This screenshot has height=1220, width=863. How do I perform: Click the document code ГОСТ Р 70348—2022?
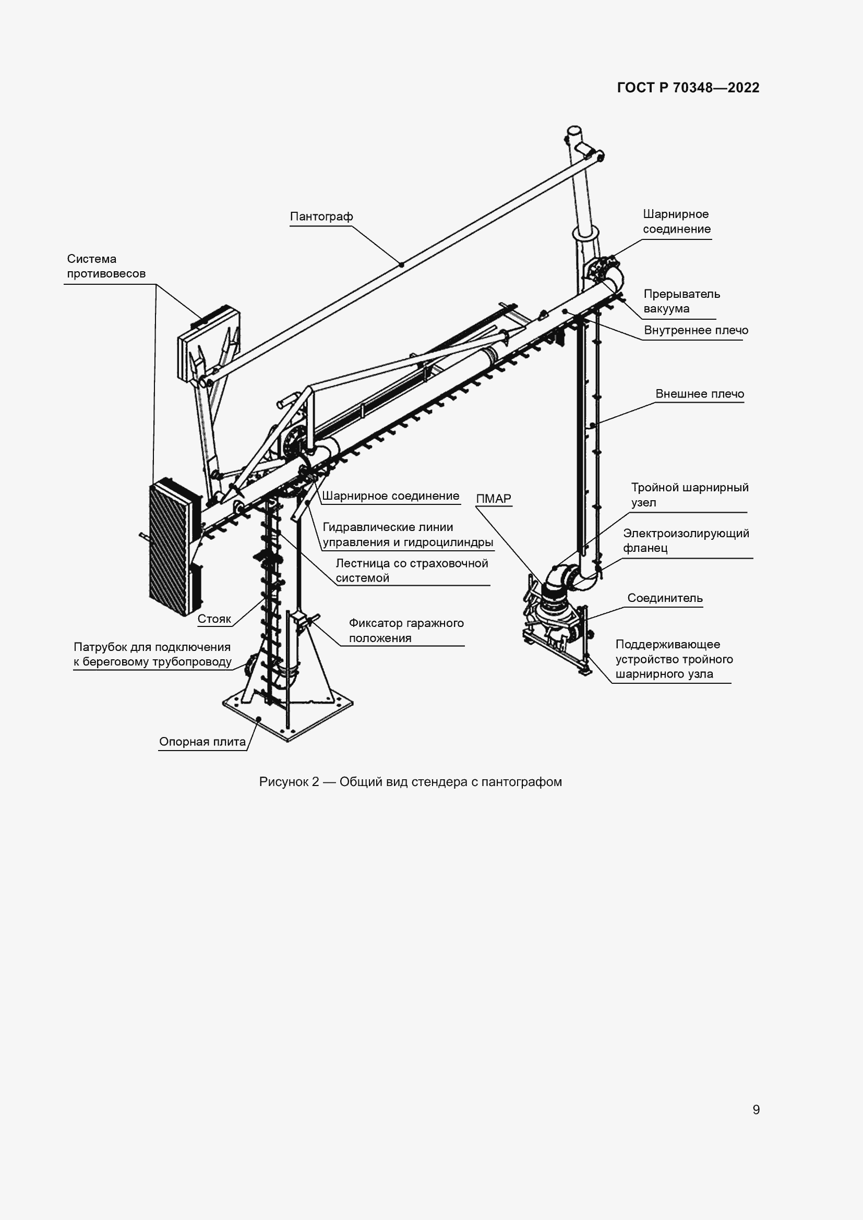(688, 88)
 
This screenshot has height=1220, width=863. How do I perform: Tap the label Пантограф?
(321, 217)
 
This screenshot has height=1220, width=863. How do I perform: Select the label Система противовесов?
(105, 267)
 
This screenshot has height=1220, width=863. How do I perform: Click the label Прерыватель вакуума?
(681, 301)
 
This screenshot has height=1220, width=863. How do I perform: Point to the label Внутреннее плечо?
(696, 331)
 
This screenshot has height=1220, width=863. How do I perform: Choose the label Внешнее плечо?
(699, 394)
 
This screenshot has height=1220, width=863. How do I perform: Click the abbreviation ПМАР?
(493, 499)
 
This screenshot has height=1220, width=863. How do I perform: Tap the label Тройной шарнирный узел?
(689, 495)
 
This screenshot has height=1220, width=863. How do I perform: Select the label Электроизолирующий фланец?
(686, 541)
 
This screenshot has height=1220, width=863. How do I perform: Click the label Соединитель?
(665, 598)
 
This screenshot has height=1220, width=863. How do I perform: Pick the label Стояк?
(214, 619)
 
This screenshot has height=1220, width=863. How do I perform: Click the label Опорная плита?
(202, 742)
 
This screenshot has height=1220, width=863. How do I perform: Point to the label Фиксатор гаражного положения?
(406, 631)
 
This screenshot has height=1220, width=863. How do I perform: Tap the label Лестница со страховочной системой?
(411, 571)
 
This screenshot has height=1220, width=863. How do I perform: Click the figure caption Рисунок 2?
(410, 782)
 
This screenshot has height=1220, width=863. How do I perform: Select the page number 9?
(756, 1110)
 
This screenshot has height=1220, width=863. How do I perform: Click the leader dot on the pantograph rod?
(401, 264)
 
